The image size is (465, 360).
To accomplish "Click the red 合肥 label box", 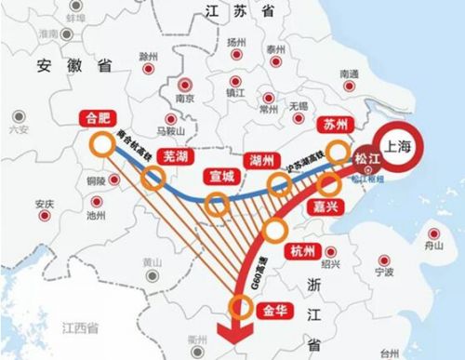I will point(98,118).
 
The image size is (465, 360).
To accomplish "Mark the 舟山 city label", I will point(433,246).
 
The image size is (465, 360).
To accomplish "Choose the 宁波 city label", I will point(383,273).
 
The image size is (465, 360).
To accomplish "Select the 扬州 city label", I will point(236,44).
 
